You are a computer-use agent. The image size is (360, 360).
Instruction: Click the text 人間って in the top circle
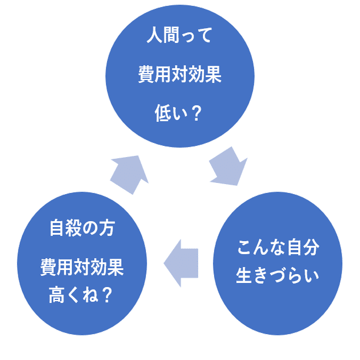179,35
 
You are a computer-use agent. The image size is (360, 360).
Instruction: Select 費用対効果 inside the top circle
179,74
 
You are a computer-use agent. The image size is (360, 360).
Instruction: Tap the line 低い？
178,113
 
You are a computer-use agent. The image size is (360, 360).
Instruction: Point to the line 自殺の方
82,228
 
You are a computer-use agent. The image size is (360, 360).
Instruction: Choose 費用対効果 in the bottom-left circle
82,267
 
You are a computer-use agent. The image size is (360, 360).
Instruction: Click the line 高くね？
81,295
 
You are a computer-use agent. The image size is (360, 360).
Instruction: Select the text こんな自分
278,248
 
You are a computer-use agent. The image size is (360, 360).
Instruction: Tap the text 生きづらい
278,275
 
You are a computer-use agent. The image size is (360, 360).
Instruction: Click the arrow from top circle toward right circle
229,166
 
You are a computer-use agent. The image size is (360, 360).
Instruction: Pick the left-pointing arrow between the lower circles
181,263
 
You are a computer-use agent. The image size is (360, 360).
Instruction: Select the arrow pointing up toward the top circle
129,175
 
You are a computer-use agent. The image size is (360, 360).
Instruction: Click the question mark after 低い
196,113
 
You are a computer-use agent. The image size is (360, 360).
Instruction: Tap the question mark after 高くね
106,295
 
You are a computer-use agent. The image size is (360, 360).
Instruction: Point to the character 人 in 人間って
155,35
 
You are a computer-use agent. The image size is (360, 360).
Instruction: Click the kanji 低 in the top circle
163,113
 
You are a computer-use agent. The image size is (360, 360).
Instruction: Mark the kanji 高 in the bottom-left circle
56,295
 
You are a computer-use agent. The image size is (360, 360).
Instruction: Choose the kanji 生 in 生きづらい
244,275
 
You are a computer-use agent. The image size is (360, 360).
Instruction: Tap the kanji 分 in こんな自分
311,248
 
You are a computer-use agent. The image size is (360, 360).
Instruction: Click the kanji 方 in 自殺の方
106,228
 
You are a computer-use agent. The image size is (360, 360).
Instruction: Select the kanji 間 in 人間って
171,35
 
